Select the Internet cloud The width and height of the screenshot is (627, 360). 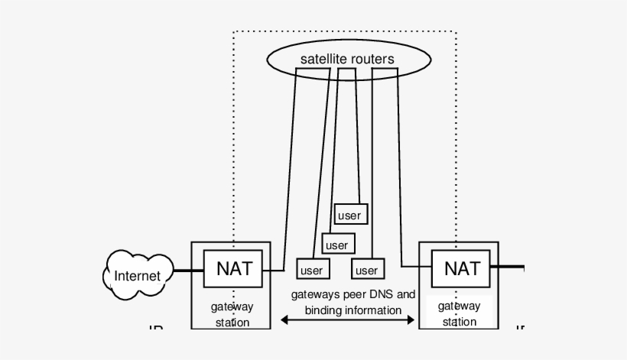[138, 276]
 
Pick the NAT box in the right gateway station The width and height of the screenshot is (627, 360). [462, 268]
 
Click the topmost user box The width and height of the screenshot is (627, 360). [349, 216]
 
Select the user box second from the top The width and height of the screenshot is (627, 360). [336, 245]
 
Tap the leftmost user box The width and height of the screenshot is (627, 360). [311, 270]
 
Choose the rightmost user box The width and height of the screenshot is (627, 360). [367, 270]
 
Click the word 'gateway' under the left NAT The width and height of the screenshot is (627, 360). [232, 307]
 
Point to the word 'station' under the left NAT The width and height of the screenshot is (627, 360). [232, 323]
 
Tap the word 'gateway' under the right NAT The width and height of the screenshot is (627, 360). [460, 306]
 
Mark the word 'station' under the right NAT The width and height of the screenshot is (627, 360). [460, 322]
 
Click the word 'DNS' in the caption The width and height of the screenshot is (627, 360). [378, 294]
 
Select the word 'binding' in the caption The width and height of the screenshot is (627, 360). [323, 310]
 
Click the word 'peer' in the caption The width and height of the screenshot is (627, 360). [349, 294]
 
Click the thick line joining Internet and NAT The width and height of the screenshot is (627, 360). [188, 270]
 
